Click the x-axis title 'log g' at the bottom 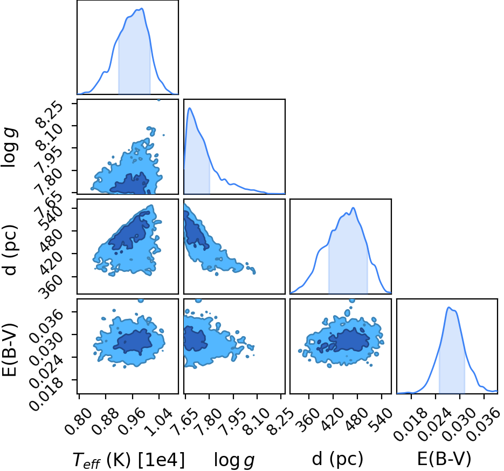[234, 460]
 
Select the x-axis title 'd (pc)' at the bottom [337, 458]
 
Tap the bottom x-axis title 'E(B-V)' [444, 459]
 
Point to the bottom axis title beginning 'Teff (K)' [129, 459]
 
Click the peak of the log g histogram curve [189, 108]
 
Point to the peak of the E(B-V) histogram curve [449, 307]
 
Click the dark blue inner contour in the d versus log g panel [195, 230]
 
